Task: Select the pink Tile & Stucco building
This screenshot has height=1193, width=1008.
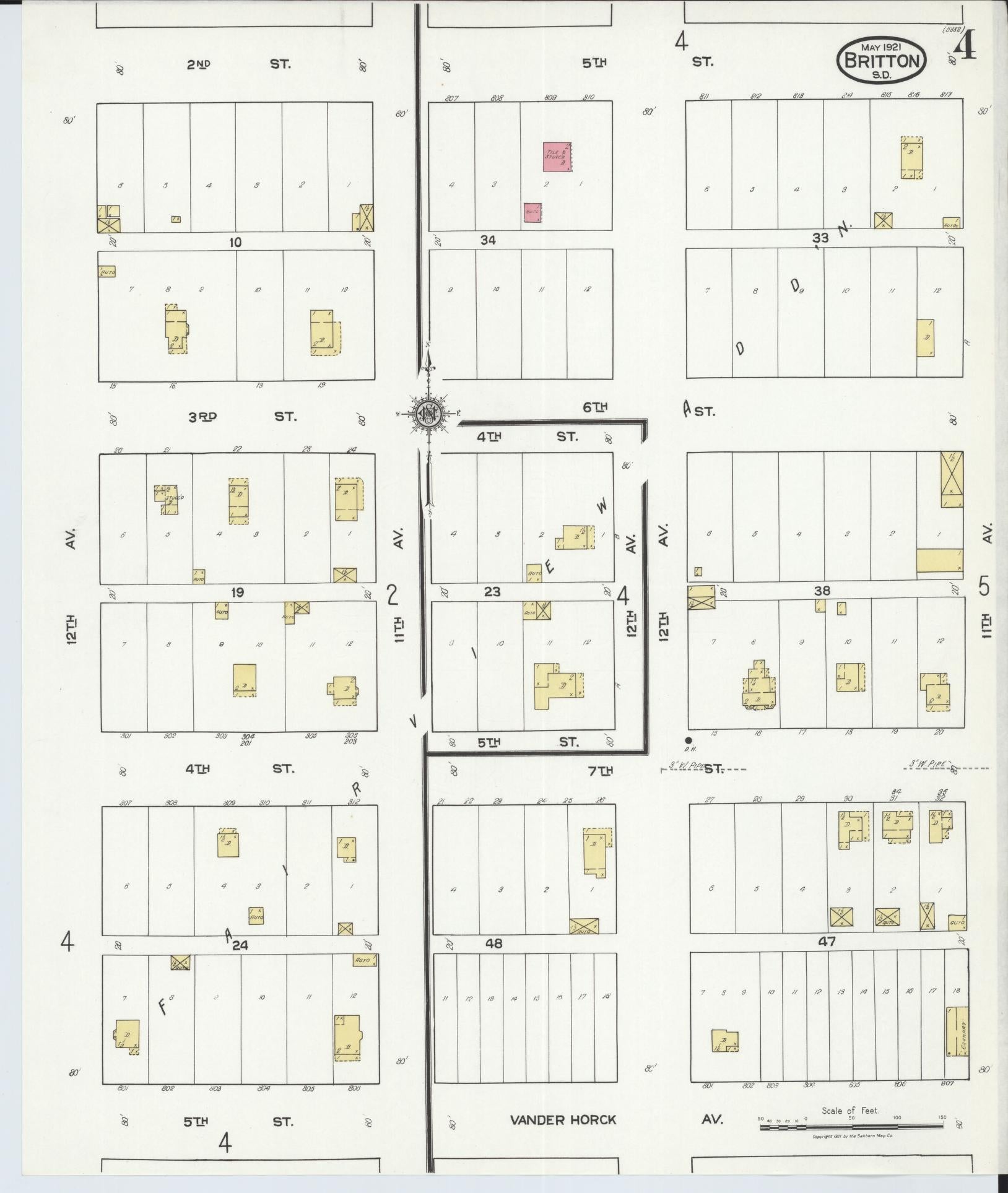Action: point(557,157)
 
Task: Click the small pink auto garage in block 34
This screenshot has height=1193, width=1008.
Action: point(532,213)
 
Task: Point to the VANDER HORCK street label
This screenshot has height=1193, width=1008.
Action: point(563,1119)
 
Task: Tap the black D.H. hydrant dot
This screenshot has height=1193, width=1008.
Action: point(688,740)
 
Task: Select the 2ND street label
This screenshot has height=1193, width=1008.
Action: point(199,64)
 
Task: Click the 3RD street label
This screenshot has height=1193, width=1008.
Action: point(202,417)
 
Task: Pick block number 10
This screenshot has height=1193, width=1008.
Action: point(235,243)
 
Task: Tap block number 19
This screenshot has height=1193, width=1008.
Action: point(237,592)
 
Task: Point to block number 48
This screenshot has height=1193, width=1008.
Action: point(493,944)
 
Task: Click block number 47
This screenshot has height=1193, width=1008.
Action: point(827,942)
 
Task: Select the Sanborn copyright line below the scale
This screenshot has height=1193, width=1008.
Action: point(851,1137)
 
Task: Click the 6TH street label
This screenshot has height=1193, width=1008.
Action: point(595,407)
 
